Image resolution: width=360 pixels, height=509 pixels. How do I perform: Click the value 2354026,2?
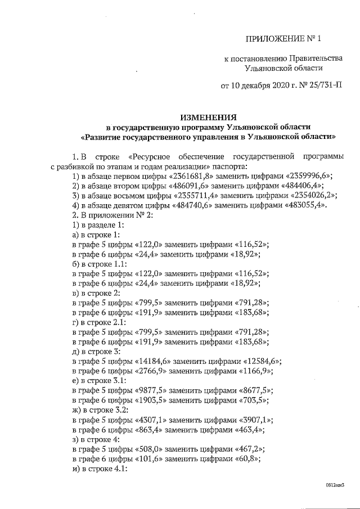point(313,195)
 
